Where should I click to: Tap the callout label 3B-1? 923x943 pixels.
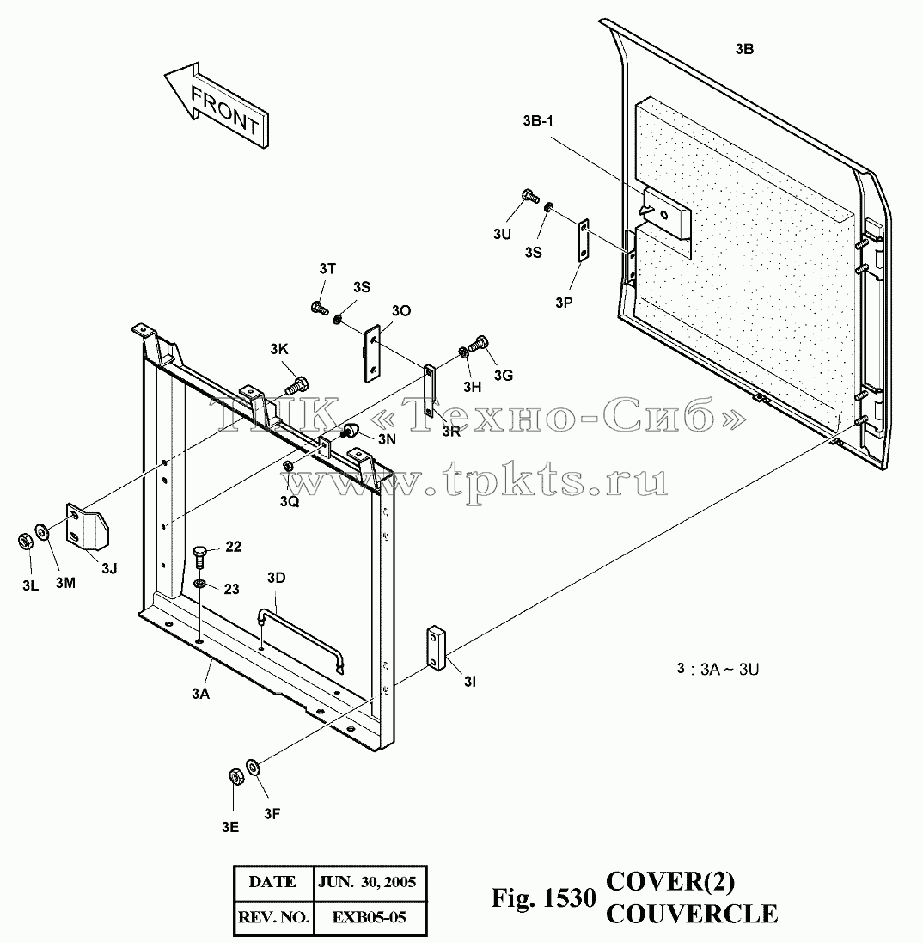538,121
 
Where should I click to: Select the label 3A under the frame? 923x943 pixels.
200,694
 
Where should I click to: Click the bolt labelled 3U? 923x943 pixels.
529,196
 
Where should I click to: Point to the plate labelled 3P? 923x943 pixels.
584,241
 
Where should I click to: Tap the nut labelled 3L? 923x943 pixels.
25,542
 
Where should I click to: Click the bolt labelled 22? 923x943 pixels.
201,557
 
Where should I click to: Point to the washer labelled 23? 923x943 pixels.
200,584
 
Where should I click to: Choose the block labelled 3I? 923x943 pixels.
437,647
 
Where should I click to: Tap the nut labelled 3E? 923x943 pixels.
235,777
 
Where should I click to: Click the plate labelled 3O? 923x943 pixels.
372,353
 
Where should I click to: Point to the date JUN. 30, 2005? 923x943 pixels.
367,882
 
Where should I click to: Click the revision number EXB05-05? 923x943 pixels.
369,917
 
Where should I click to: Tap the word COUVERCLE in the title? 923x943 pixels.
692,914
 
